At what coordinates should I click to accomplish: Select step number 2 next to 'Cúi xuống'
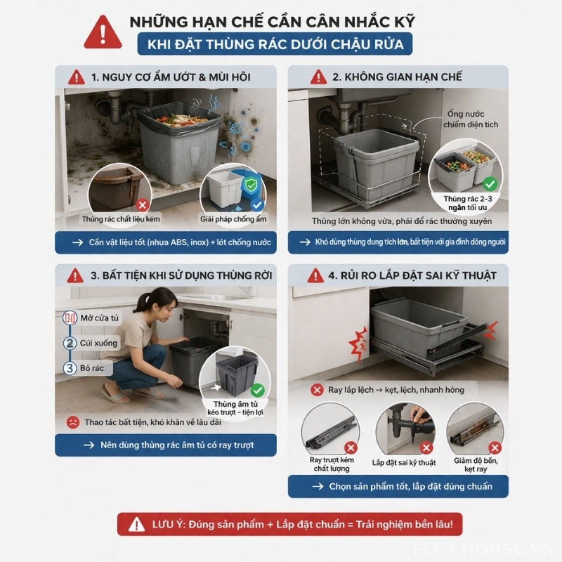tap(70, 344)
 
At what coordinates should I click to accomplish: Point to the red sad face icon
tap(72, 422)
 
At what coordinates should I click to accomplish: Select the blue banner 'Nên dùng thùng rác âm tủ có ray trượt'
tap(166, 445)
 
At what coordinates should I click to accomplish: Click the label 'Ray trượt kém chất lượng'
tap(332, 464)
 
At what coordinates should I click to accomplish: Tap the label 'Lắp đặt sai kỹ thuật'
tap(404, 462)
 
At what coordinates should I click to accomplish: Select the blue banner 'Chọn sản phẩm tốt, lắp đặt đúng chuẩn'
tap(398, 486)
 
